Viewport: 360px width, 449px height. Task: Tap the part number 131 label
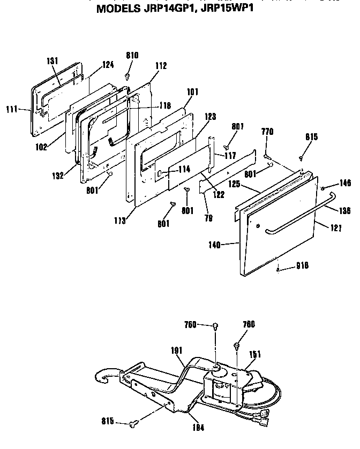52,60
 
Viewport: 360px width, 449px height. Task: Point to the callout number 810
132,55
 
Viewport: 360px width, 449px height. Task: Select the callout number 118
164,106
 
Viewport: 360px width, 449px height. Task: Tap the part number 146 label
344,183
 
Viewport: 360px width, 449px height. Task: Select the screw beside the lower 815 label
133,424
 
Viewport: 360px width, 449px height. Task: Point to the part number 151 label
256,353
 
